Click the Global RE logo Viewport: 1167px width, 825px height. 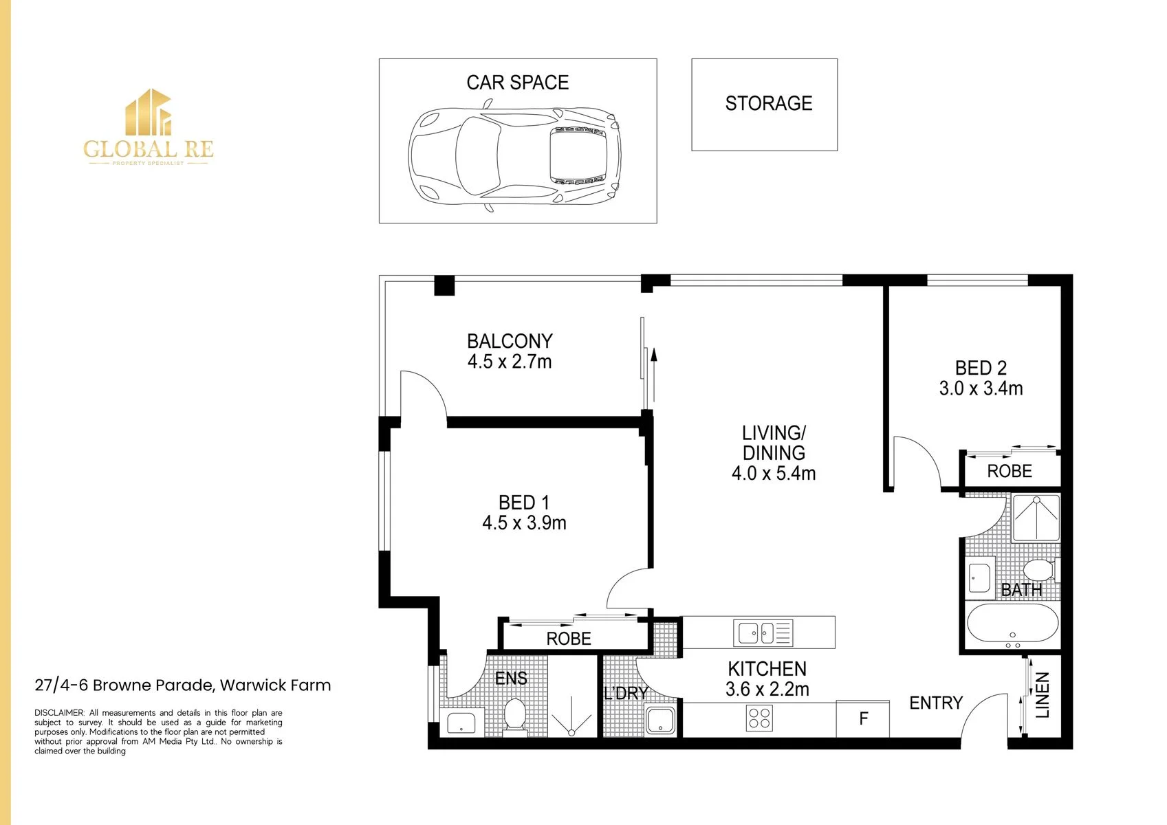pos(149,127)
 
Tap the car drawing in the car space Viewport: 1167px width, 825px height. pos(514,157)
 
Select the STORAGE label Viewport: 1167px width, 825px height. pos(768,103)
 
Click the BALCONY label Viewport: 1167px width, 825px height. pos(510,341)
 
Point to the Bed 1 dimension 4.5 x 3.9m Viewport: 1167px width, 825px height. pos(524,523)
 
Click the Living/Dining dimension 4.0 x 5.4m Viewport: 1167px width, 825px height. pos(774,474)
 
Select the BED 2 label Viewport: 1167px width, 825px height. pos(981,368)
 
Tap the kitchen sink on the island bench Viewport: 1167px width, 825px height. pos(763,632)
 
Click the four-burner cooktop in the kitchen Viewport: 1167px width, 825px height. pos(759,718)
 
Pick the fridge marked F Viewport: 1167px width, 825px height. pos(863,718)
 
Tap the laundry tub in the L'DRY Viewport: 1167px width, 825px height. pos(660,720)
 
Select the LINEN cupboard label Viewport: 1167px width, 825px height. pos(1042,695)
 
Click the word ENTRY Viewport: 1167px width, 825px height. pos(936,703)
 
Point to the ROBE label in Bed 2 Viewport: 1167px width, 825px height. pos(1009,471)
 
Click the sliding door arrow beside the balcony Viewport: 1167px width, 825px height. pos(654,375)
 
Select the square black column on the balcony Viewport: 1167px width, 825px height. pos(444,285)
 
